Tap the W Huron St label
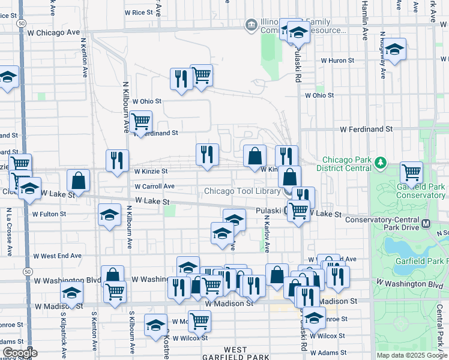pos(338,61)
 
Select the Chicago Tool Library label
pos(242,191)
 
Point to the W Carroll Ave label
pos(154,187)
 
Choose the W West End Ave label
pos(58,256)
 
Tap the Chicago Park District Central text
pos(348,164)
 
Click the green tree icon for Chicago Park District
pos(380,163)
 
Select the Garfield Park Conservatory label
pos(421,191)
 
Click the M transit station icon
pos(426,224)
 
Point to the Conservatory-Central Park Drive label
pos(383,220)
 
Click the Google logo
pos(20,353)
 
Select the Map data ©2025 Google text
pos(412,355)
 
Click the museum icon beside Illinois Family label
pos(251,25)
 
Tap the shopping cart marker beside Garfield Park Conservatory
pos(412,172)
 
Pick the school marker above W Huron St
pos(394,51)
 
